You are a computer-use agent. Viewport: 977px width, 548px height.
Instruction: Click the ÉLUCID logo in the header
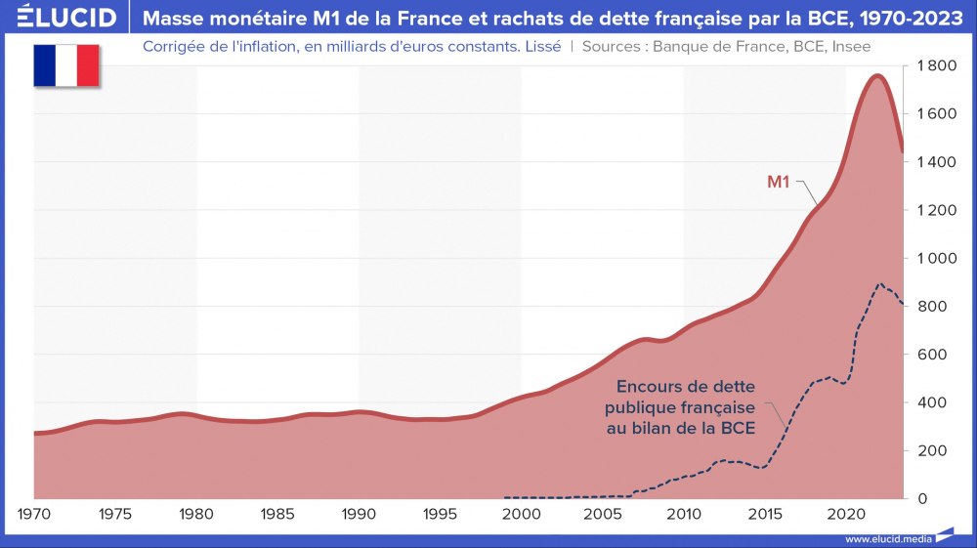[x=61, y=18]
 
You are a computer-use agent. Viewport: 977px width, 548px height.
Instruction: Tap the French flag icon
[x=66, y=65]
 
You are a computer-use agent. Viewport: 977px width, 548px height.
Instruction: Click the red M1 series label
[x=777, y=181]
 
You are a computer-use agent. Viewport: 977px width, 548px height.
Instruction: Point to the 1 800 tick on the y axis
[x=935, y=65]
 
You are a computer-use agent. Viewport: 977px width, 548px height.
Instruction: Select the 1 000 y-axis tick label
[x=935, y=258]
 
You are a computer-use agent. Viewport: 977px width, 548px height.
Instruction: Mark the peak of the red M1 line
[x=877, y=75]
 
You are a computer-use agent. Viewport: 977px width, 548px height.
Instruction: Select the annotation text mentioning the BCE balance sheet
[x=680, y=407]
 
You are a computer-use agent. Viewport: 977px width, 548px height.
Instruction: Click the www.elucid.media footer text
[x=888, y=538]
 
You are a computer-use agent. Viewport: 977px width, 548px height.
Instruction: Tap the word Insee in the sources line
[x=851, y=45]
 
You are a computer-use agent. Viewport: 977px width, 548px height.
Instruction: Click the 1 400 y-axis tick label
[x=935, y=162]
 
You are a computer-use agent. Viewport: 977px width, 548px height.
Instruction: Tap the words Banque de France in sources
[x=702, y=45]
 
